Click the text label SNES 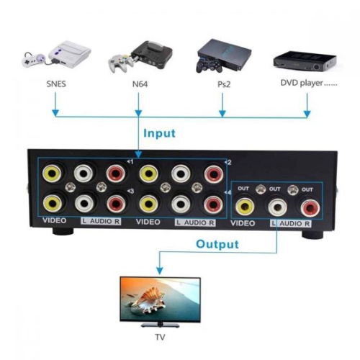pyautogui.click(x=54, y=84)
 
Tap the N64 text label pyautogui.click(x=140, y=84)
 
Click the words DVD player pyautogui.click(x=308, y=83)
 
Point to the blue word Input pyautogui.click(x=160, y=133)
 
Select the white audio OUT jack pyautogui.click(x=276, y=207)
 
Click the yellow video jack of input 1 pyautogui.click(x=51, y=173)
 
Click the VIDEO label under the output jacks pyautogui.click(x=244, y=225)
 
